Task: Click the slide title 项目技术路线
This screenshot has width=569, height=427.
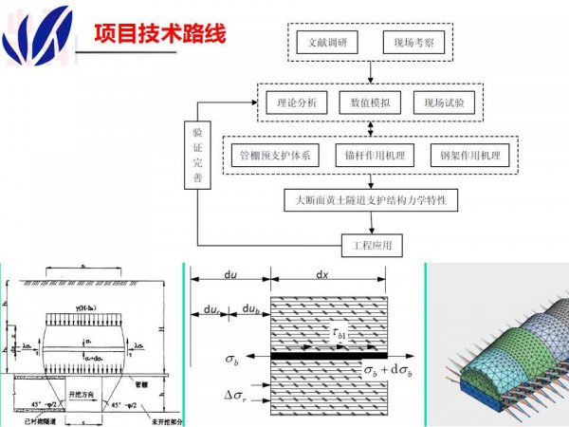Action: (x=159, y=35)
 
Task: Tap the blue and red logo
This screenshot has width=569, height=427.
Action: (x=37, y=33)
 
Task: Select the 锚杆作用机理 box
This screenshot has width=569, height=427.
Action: (x=371, y=155)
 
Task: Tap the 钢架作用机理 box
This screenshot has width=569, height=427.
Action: (x=469, y=155)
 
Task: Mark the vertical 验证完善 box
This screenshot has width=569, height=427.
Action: (x=197, y=156)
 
